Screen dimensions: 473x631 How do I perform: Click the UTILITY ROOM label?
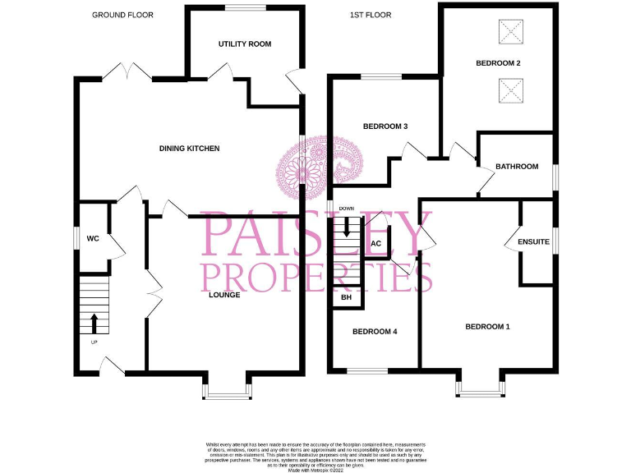click(245, 44)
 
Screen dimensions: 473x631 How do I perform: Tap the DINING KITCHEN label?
click(190, 149)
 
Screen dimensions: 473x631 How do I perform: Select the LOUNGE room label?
click(224, 295)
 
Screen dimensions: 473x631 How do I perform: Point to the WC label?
click(93, 238)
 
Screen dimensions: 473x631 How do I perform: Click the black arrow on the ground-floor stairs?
click(94, 321)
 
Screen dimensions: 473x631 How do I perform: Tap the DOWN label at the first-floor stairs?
click(346, 209)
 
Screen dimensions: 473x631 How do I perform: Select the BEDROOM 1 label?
click(487, 327)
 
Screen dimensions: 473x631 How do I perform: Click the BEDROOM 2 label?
click(498, 62)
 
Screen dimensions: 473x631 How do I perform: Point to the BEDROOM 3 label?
click(385, 126)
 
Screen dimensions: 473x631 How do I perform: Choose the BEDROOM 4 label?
click(375, 332)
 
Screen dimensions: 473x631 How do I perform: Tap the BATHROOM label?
click(517, 167)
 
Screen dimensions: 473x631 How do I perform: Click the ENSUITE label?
click(532, 242)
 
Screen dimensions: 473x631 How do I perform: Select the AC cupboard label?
click(376, 244)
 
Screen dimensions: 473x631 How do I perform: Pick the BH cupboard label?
click(346, 297)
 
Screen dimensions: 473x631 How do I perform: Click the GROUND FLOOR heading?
click(122, 15)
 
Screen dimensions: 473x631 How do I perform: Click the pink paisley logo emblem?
click(311, 171)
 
